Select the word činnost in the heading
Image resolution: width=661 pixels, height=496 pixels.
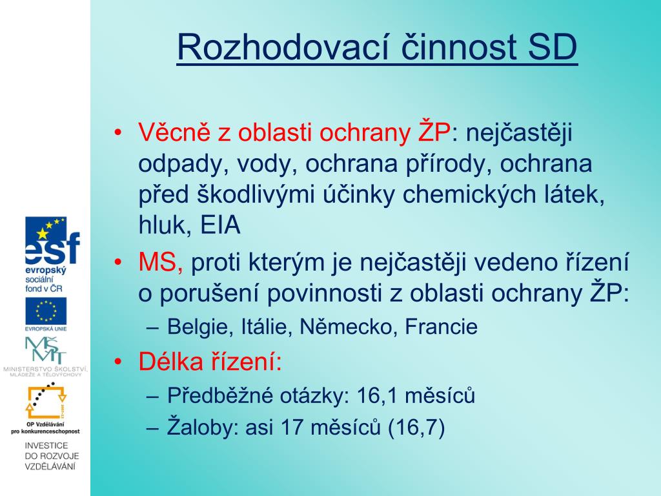click(x=458, y=46)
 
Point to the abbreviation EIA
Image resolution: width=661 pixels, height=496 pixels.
click(x=221, y=225)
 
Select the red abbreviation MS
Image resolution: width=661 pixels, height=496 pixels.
click(x=158, y=262)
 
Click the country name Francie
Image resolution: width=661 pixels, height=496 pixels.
click(x=441, y=327)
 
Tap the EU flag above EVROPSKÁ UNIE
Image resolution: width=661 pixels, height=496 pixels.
click(x=46, y=311)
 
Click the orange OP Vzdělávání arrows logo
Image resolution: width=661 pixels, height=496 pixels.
click(x=46, y=400)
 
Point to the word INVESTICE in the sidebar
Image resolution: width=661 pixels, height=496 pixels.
click(x=46, y=446)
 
